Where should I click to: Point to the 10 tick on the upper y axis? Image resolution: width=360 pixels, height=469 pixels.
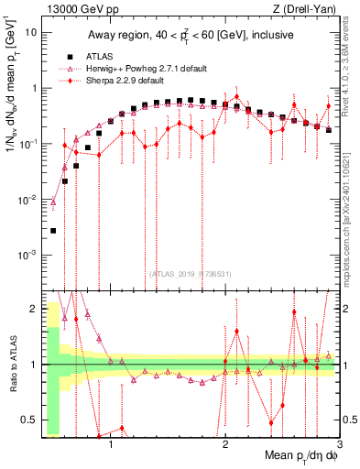(x=30, y=32)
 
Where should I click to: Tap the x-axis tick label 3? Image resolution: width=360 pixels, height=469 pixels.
(x=338, y=447)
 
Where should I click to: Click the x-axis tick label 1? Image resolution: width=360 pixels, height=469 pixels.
(x=111, y=447)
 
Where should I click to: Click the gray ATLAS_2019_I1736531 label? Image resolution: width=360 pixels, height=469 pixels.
(x=191, y=273)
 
